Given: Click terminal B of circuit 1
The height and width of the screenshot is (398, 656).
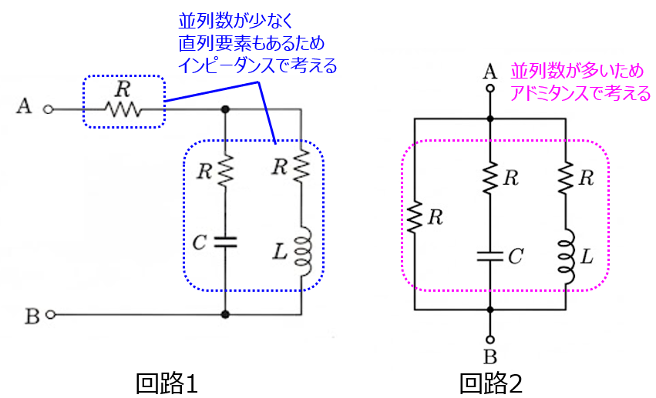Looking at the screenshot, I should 51,314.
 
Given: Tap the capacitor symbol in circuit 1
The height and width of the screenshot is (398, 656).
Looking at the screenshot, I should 225,242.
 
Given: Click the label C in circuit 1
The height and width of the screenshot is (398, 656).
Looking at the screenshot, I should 199,243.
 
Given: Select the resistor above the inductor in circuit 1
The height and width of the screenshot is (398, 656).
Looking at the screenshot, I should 301,163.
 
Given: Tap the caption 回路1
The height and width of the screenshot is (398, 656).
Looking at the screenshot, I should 167,381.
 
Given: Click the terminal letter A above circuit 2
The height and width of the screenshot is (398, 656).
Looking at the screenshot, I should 489,72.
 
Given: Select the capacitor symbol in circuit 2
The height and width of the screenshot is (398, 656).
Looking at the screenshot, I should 490,255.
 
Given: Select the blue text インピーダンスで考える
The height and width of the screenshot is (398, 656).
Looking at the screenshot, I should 257,66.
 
